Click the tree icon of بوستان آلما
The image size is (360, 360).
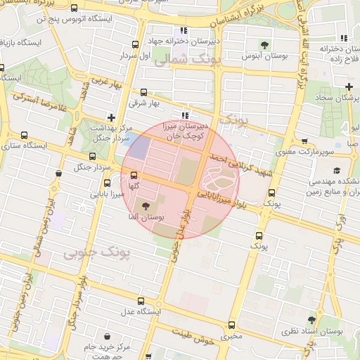pyautogui.click(x=146, y=206)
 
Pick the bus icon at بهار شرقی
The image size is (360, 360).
pyautogui.click(x=145, y=91)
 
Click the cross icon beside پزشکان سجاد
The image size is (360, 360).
pyautogui.click(x=349, y=86)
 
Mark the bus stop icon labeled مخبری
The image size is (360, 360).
pyautogui.click(x=232, y=325)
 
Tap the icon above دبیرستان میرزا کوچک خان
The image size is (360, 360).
pyautogui.click(x=184, y=116)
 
